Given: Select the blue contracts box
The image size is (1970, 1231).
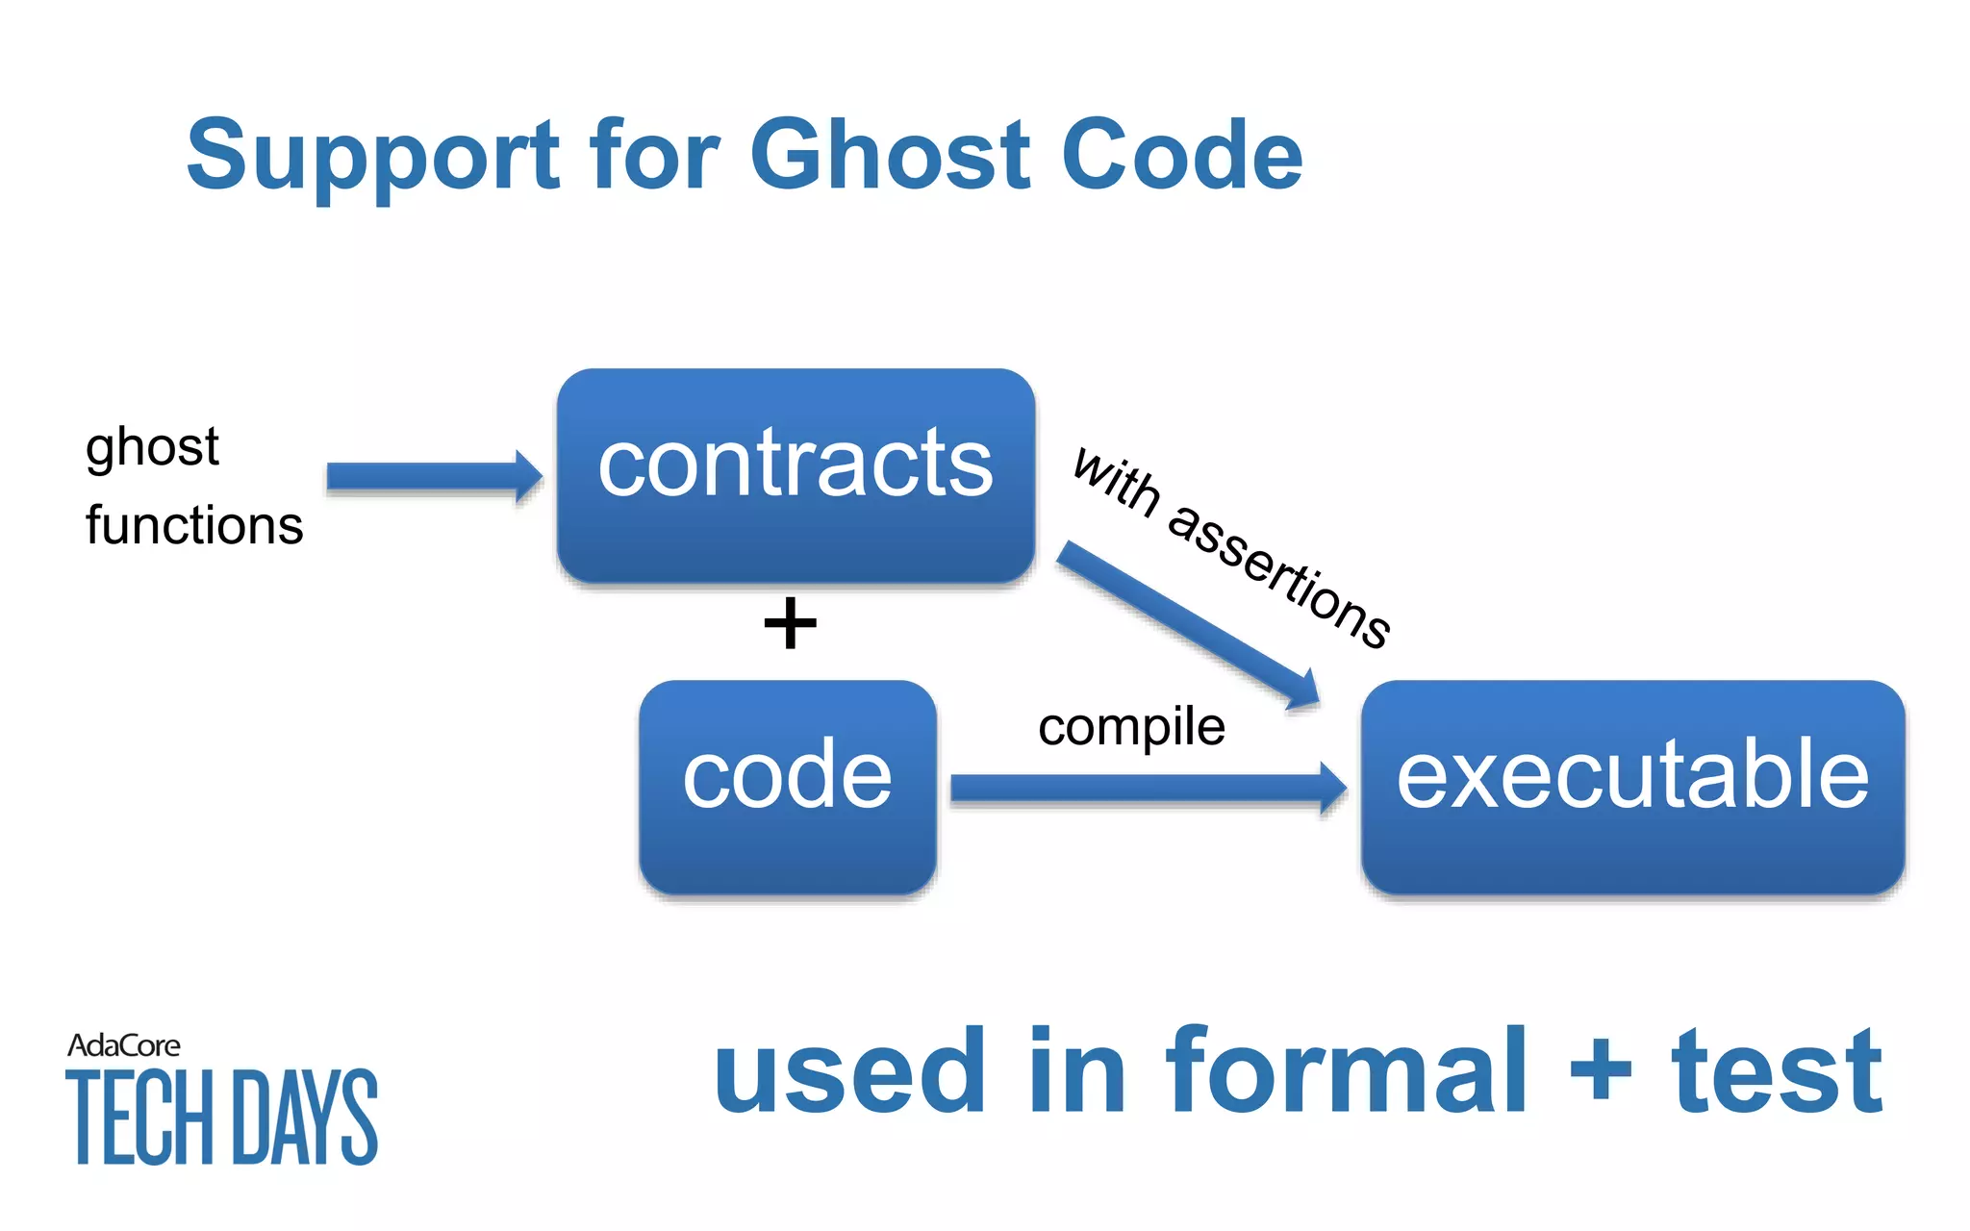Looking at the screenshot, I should (x=796, y=475).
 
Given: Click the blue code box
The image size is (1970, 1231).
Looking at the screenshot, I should (x=787, y=787).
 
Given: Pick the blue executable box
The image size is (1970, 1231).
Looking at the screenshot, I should (x=1632, y=787).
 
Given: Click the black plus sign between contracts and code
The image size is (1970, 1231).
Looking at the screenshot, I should (x=790, y=623).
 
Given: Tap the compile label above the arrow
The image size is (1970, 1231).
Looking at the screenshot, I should (x=1131, y=727).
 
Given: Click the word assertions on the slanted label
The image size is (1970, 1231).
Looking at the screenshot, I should (x=1279, y=577).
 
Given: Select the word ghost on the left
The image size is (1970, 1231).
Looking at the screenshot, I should (x=152, y=448).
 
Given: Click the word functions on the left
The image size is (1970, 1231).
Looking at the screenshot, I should (x=194, y=526).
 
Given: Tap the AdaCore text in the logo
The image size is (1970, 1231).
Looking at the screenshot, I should (x=123, y=1045).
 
